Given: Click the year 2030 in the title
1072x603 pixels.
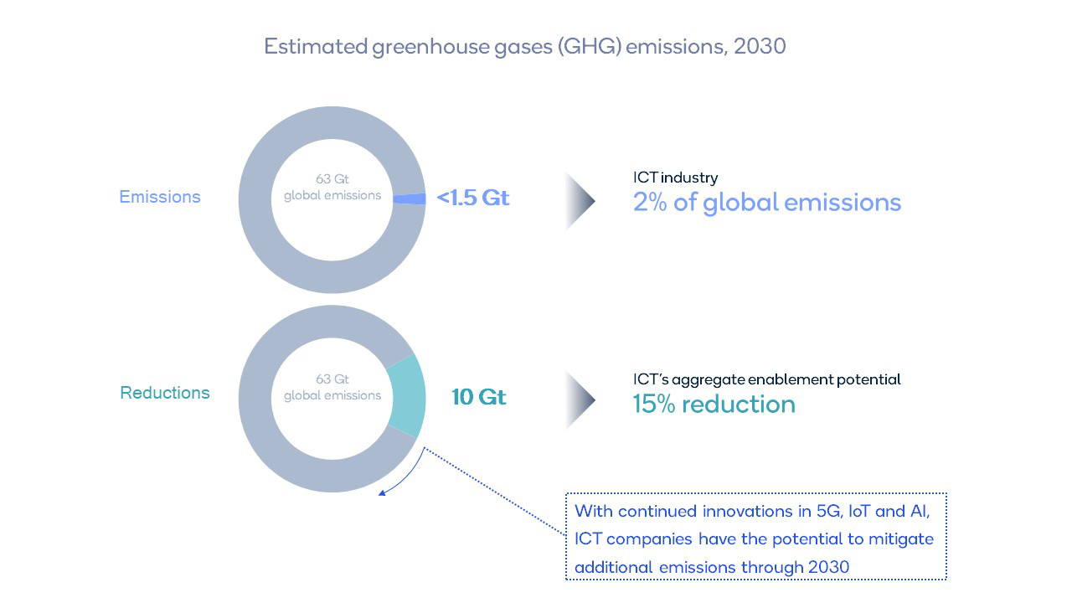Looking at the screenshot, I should pos(759,46).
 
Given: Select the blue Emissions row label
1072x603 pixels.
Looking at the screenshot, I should pos(160,197).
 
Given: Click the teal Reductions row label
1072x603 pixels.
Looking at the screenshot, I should pos(165,393).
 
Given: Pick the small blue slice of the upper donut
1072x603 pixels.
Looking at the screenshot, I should pos(410,198).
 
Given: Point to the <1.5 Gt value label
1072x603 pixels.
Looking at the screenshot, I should pos(473,198).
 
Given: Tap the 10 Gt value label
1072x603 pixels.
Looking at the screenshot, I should pos(479,397).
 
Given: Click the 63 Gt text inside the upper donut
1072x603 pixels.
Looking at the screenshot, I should pos(332,179).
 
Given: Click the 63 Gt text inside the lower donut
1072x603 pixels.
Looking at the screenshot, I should pos(332,379).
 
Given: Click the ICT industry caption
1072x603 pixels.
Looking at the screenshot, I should pos(676,178).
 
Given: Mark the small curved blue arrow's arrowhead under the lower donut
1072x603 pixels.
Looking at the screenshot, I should pos(383,493).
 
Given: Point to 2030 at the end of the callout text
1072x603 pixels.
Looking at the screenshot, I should pos(828,567).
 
